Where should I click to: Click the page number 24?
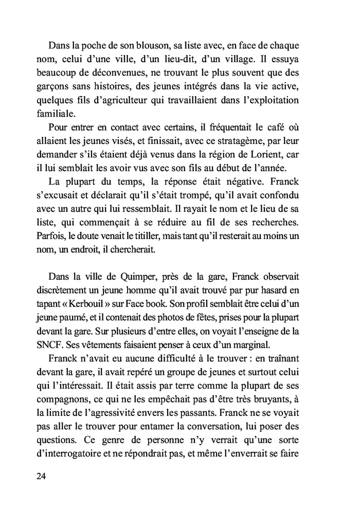(x=42, y=476)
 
